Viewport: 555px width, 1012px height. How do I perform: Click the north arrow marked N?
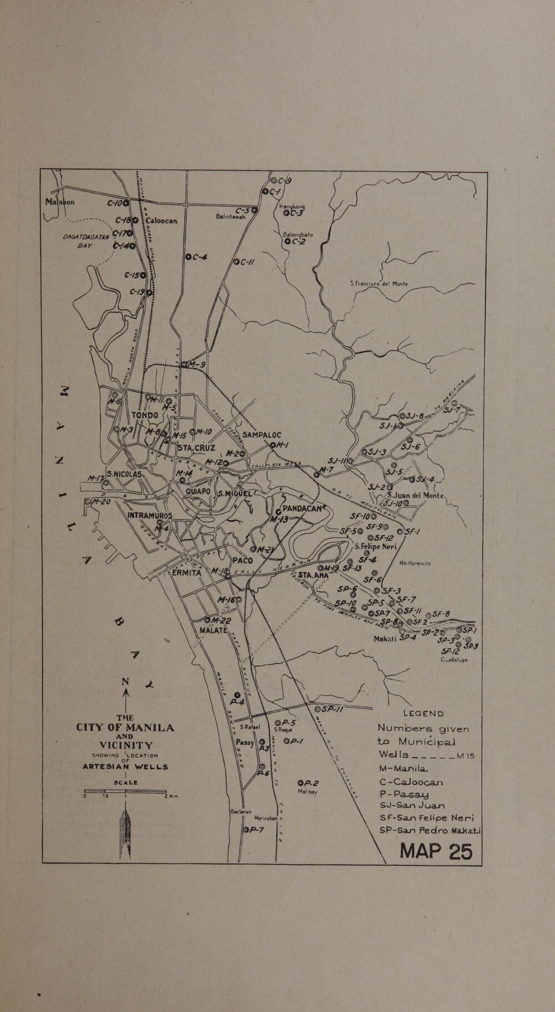click(126, 688)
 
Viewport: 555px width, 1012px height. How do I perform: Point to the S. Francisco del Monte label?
click(379, 284)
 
